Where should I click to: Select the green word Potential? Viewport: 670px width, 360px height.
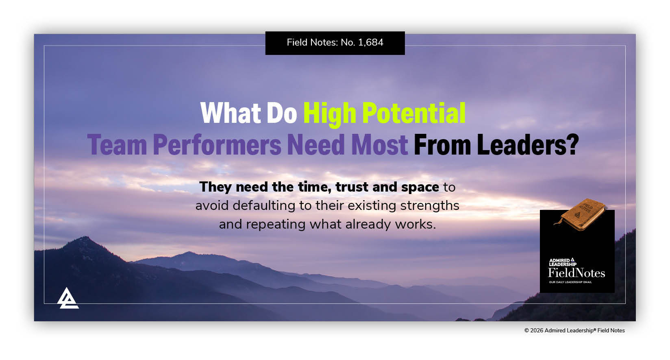tap(413, 113)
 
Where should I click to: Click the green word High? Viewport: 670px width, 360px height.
tap(329, 114)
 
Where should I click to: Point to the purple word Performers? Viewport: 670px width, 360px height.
tap(217, 145)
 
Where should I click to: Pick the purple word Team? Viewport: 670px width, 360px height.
tap(117, 145)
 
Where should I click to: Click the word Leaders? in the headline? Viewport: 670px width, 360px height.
tap(527, 145)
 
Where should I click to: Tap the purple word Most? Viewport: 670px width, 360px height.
tap(379, 145)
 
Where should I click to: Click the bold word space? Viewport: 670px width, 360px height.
tap(420, 187)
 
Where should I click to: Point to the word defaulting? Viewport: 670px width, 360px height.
tap(265, 205)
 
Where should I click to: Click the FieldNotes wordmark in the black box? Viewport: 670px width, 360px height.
tap(576, 273)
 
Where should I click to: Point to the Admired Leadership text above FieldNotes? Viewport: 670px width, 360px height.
tap(562, 262)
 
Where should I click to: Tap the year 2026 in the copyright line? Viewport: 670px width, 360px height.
tap(536, 331)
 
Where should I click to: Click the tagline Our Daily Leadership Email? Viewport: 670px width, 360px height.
tap(570, 282)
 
